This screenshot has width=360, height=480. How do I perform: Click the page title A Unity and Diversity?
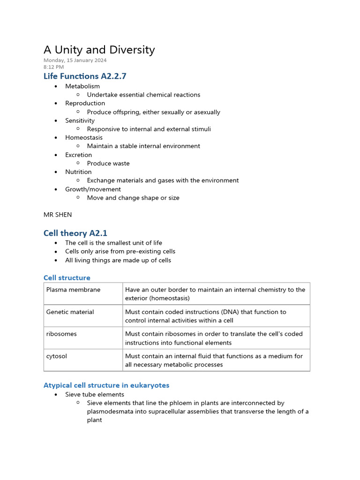99,50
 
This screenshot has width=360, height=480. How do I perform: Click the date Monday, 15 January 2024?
75,60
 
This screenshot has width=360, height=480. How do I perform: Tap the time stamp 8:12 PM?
53,67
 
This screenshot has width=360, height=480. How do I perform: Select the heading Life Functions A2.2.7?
85,76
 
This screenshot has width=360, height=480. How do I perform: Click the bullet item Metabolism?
82,86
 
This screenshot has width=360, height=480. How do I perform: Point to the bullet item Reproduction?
85,103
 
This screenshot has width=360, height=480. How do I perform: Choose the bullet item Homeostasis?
84,138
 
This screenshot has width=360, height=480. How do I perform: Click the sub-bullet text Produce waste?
108,164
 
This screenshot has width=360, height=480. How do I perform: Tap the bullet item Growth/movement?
93,189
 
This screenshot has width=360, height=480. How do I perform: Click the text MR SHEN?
58,215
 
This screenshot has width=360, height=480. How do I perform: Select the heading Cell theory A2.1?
75,233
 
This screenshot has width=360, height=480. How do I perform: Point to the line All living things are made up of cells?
118,260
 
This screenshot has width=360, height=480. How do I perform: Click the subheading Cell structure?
67,278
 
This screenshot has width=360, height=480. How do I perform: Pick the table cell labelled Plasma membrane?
73,290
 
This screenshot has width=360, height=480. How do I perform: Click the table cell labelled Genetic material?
70,312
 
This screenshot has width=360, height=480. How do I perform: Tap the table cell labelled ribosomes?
61,334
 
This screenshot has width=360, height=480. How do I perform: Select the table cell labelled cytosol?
57,356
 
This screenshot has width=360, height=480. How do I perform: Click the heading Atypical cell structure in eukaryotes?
106,385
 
